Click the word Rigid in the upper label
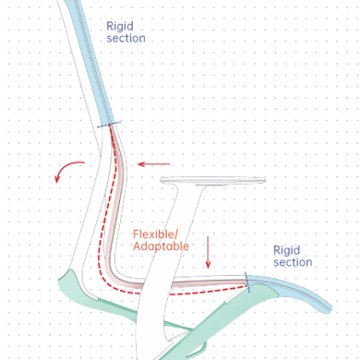click(120, 26)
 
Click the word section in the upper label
click(126, 38)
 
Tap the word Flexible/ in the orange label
click(156, 235)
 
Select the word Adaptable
click(161, 246)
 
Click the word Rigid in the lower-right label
click(287, 251)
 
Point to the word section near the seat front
click(293, 262)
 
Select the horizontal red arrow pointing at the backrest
click(154, 164)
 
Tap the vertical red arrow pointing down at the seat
click(209, 252)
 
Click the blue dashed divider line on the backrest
click(109, 124)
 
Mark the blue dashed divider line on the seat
click(248, 282)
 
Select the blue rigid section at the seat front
click(295, 291)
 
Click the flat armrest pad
click(213, 180)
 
